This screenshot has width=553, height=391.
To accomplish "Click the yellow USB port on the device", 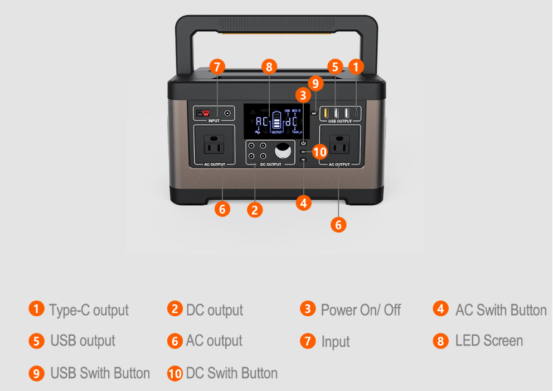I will [x=327, y=113].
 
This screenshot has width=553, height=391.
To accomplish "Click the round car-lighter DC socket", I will [x=283, y=152].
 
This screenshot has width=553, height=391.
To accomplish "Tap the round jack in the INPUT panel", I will [x=227, y=113].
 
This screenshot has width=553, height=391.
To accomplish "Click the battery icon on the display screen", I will [x=277, y=122].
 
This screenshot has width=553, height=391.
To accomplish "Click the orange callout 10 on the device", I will [x=319, y=152].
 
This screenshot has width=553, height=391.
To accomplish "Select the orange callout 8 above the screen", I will [x=269, y=67].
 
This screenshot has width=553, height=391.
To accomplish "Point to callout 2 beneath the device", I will [x=255, y=210].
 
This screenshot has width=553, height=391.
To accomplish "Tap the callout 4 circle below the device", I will [x=303, y=203].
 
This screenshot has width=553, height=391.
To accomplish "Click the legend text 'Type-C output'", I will [x=89, y=310].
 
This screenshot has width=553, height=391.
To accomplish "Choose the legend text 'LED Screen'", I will [x=489, y=341].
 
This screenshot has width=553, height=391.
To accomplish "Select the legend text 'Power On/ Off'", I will [x=361, y=310].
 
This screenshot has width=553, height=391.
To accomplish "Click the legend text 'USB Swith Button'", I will [x=100, y=373].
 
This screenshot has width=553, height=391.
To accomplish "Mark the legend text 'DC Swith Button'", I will [x=231, y=373].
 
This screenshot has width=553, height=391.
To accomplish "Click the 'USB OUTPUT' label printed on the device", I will [x=339, y=121].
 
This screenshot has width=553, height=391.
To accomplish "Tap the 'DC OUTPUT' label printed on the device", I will [x=271, y=165].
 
